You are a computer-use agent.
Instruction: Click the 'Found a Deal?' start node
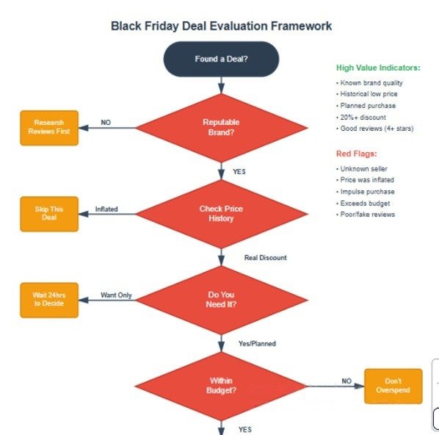(x=221, y=59)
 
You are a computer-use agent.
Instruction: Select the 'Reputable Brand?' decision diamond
(x=222, y=128)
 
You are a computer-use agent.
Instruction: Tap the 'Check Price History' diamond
(x=222, y=214)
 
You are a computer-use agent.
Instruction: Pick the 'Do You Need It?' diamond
(x=222, y=300)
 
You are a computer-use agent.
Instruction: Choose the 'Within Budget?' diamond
(x=221, y=386)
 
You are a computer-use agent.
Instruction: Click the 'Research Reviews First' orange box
(x=49, y=128)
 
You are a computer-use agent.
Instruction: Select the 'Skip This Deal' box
(x=49, y=214)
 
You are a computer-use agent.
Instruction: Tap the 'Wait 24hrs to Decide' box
(x=49, y=300)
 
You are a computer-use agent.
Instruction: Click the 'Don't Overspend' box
(x=393, y=386)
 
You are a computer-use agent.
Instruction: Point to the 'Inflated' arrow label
(x=106, y=209)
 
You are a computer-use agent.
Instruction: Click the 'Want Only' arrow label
(x=116, y=295)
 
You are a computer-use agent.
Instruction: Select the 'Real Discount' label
(x=266, y=258)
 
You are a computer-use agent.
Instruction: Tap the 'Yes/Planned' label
(x=257, y=344)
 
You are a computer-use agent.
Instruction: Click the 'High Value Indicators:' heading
(x=378, y=68)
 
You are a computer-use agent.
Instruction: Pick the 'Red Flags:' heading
(x=356, y=154)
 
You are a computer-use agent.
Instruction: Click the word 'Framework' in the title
(x=301, y=26)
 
